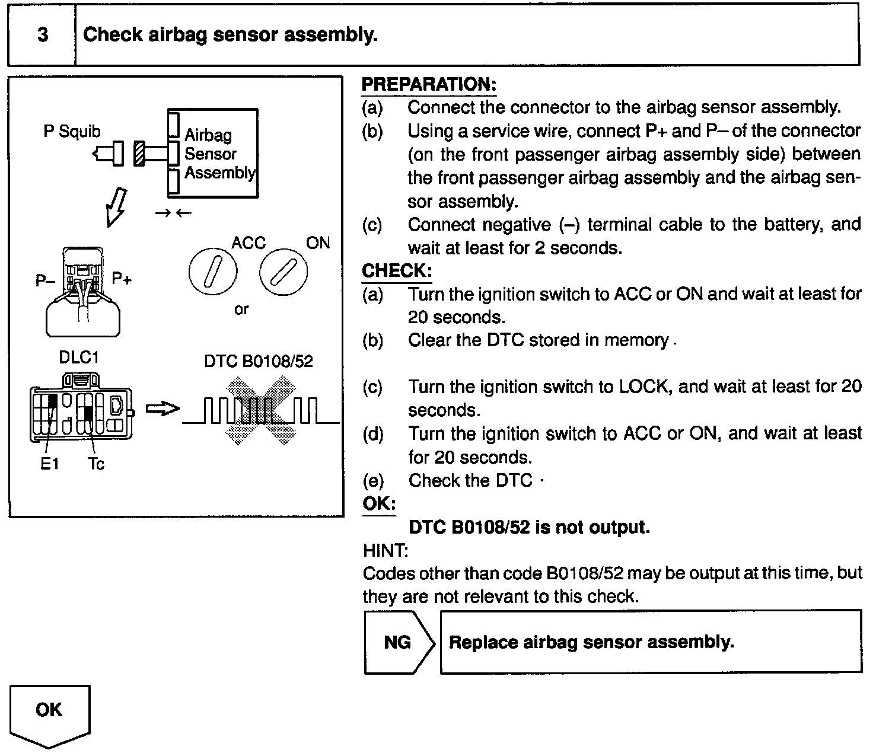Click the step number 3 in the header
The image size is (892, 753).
coord(43,35)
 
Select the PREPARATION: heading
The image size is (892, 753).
coord(428,85)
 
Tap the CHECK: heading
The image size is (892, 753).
coord(397,271)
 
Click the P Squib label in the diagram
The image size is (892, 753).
coord(72,131)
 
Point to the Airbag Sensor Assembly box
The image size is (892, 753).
coord(214,154)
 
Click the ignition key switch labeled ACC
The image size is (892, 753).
coord(212,272)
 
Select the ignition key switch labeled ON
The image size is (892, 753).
coord(283,272)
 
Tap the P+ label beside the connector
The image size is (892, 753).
coord(122,279)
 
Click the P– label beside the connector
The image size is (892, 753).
coord(45,280)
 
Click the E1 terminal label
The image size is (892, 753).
coord(50,464)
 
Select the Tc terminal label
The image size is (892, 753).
coord(95,464)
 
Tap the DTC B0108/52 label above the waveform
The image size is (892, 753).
coord(258,361)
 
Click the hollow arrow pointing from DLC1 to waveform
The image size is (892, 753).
coord(162,409)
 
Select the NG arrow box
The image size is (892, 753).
coord(399,642)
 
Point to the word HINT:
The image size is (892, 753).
coord(385,551)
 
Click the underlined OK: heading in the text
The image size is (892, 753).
coord(379,504)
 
